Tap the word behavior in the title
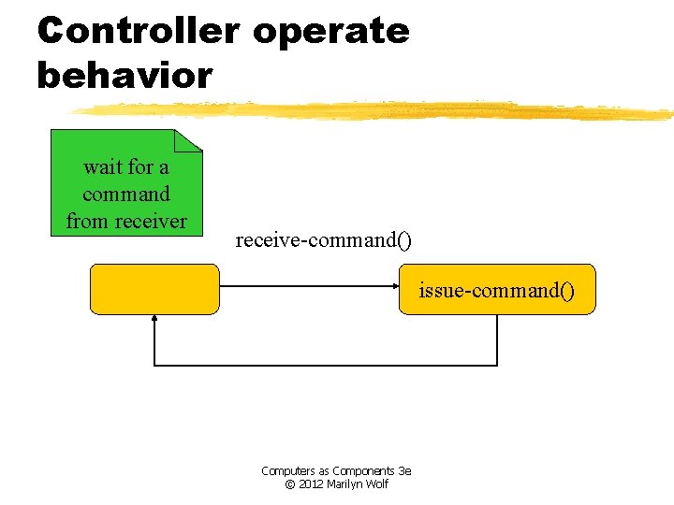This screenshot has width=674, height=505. pyautogui.click(x=125, y=75)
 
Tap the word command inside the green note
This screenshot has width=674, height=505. pyautogui.click(x=126, y=195)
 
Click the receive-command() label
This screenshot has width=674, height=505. pyautogui.click(x=323, y=240)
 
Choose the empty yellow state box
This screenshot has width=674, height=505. pyautogui.click(x=154, y=289)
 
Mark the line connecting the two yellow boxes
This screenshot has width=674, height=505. pyautogui.click(x=309, y=289)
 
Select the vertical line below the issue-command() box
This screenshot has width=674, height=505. pyautogui.click(x=497, y=339)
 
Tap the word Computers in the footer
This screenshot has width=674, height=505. pyautogui.click(x=288, y=471)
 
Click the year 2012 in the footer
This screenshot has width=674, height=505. pyautogui.click(x=310, y=484)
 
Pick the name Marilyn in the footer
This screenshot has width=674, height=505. pyautogui.click(x=345, y=484)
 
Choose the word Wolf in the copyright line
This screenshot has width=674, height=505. pyautogui.click(x=377, y=484)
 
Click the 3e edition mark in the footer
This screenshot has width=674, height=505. pyautogui.click(x=404, y=471)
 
